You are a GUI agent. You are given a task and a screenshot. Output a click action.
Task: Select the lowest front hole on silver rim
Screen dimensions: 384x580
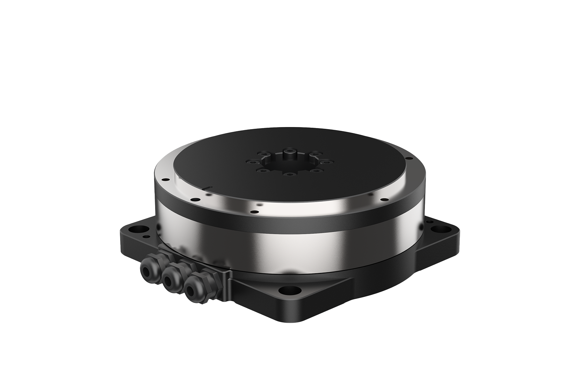click(x=255, y=212)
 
